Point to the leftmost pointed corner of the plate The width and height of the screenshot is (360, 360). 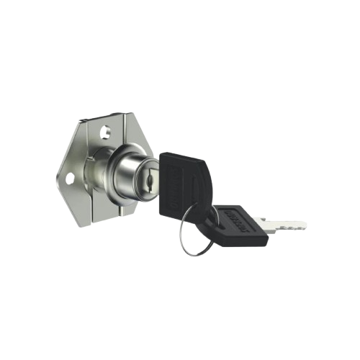pyautogui.click(x=58, y=174)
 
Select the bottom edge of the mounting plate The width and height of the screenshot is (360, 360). pyautogui.click(x=101, y=220)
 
